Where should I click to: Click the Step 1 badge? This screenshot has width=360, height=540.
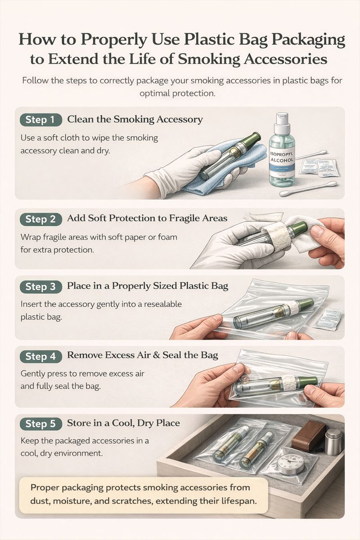point(40,120)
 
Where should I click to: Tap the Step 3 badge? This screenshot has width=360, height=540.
point(40,287)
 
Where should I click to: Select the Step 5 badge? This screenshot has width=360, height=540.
point(40,423)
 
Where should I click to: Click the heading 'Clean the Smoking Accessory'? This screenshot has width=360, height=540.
point(135,119)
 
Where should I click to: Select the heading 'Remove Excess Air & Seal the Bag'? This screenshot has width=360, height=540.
point(142,355)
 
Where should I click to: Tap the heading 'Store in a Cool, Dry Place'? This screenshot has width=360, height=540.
point(123,423)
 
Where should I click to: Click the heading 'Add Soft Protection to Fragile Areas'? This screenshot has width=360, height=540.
point(147,218)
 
